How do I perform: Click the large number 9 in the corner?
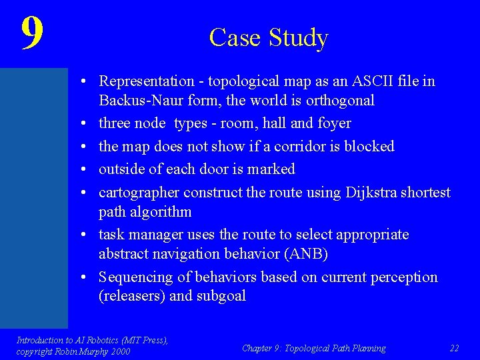[x=32, y=33]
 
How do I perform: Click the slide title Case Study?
[x=269, y=37]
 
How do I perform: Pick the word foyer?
[x=333, y=123]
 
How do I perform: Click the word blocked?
[x=369, y=146]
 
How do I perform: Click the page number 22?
[x=455, y=347]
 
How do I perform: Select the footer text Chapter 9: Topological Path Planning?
[x=313, y=347]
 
